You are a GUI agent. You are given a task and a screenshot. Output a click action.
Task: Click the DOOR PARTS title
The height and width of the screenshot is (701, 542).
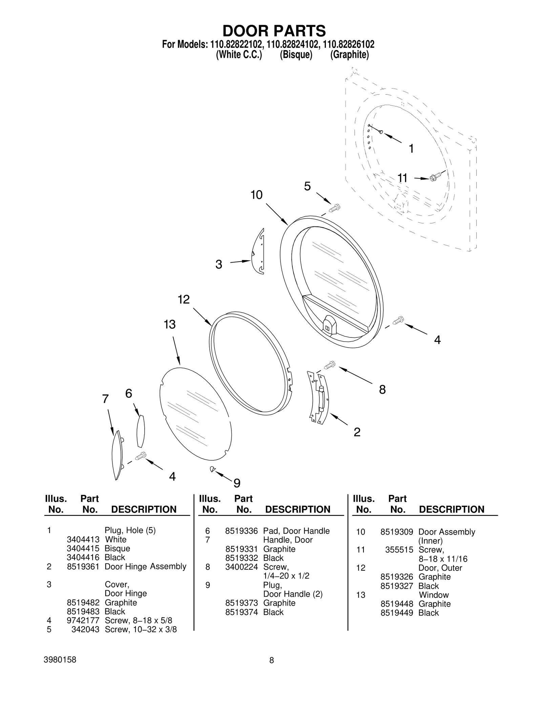[274, 31]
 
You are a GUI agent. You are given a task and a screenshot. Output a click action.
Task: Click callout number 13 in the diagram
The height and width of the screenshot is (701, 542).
[170, 325]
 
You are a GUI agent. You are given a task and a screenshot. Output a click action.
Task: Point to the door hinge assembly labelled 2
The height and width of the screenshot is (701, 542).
[318, 398]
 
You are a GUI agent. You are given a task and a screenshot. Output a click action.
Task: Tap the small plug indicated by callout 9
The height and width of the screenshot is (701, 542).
[212, 469]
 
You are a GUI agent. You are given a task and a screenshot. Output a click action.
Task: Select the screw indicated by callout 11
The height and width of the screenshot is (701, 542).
[434, 177]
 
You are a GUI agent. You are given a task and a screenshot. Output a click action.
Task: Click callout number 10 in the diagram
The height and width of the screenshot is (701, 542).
[256, 195]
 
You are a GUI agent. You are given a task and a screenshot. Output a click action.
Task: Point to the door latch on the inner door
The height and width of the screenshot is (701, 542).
[329, 324]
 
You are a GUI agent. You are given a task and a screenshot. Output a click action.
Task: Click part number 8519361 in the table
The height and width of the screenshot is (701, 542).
[83, 567]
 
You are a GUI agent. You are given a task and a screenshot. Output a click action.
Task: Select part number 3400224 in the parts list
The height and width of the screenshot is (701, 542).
[241, 567]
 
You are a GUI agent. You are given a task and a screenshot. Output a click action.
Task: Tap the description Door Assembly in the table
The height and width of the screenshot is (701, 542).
[446, 532]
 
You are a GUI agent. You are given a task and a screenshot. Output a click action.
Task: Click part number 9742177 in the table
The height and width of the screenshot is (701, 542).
[83, 620]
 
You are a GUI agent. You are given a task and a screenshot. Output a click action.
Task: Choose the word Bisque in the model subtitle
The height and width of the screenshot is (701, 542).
[296, 55]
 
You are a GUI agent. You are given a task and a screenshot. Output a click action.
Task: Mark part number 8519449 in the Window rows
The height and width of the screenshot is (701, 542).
[396, 613]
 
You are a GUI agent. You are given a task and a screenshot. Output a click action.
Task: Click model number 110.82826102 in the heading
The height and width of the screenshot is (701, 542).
[349, 44]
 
